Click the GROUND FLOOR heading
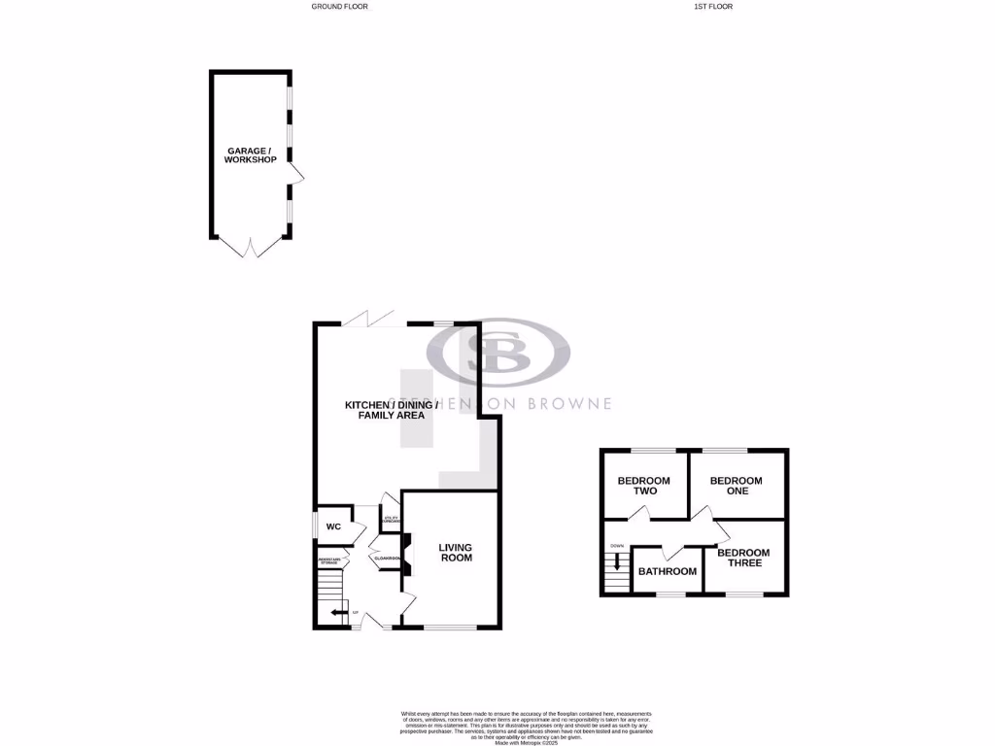coord(339,6)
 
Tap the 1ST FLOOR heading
coord(712,6)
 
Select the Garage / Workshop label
coord(251,154)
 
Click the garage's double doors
coord(251,247)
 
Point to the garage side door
coord(297,175)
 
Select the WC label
coord(333,526)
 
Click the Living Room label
coord(455,552)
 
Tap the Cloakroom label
coord(387,558)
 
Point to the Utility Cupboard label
coord(391,521)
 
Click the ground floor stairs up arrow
coord(338,612)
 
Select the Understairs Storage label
coord(328,560)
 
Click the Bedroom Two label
coord(644,485)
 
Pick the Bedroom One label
coord(736,485)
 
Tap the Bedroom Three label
coord(743,558)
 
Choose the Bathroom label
coord(667,571)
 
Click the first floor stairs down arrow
coord(616,560)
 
